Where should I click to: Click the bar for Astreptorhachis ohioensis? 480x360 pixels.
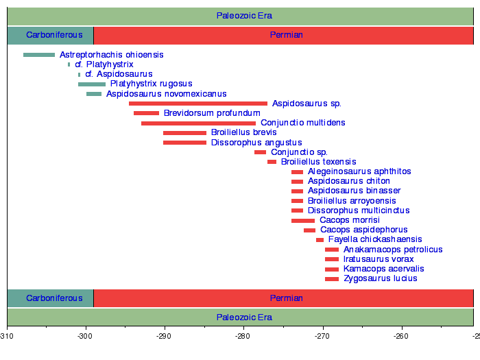39,55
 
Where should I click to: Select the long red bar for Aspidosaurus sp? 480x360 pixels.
198,104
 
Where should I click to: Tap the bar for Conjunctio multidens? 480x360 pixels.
198,123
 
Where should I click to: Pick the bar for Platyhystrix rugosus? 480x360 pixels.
92,84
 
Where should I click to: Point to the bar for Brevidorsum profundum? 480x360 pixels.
146,113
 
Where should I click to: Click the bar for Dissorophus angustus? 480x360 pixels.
184,143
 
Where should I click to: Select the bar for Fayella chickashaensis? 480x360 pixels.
320,240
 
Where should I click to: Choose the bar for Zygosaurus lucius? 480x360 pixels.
332,279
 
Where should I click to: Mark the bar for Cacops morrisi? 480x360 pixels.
303,221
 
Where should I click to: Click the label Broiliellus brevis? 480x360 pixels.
243,132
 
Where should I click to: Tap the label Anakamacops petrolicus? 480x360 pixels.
393,250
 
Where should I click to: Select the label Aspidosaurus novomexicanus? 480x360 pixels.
166,94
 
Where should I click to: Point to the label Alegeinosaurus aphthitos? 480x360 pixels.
359,171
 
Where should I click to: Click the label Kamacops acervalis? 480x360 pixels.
383,269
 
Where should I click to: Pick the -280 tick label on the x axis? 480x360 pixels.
243,337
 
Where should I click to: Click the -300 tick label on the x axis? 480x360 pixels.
86,337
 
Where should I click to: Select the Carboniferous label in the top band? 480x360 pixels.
50,35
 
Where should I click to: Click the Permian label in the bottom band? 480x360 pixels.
287,298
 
